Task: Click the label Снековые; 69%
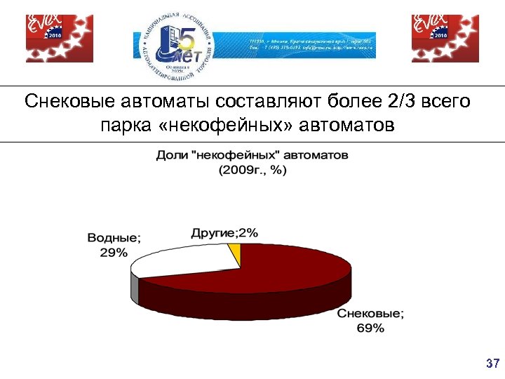(370, 321)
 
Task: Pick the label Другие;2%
(224, 232)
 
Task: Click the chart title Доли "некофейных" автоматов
(252, 155)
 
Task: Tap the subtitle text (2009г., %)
(252, 170)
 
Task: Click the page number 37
(492, 364)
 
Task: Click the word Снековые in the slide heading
(67, 102)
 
